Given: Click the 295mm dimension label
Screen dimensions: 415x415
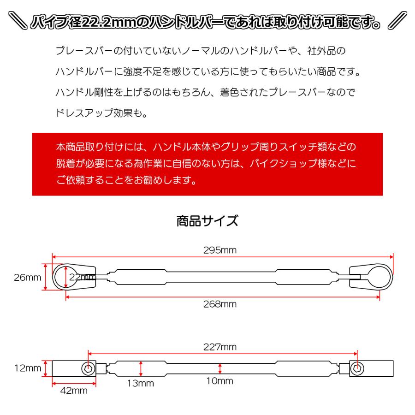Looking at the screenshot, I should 219,250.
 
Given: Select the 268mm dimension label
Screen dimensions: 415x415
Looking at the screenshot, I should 219,304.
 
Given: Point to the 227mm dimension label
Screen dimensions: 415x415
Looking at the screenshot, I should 219,347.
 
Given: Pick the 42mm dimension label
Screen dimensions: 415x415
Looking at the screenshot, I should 74,391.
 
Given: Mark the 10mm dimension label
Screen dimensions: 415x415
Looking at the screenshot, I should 220,381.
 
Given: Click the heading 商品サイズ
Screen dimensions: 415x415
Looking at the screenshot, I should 207,221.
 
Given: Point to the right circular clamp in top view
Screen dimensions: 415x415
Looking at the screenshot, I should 377,277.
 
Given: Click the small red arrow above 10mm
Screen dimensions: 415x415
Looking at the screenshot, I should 220,368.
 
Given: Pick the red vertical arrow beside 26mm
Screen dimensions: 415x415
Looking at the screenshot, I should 46,277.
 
